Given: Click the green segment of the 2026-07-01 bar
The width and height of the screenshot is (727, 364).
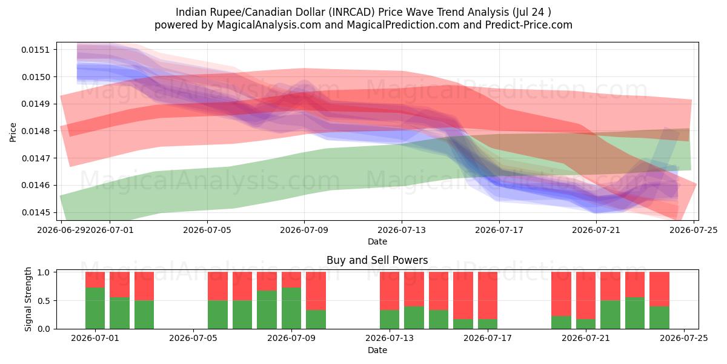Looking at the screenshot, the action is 95,308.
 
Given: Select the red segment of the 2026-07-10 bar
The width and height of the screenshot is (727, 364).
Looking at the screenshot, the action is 316,291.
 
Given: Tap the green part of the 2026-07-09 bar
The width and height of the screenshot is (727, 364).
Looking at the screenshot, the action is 291,308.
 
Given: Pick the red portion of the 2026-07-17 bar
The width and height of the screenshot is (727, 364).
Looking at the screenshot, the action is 488,295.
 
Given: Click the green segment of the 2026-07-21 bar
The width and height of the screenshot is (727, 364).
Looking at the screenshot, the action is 586,324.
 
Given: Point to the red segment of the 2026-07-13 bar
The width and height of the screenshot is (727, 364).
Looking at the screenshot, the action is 390,291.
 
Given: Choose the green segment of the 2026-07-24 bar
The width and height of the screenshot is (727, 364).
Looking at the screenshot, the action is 659,317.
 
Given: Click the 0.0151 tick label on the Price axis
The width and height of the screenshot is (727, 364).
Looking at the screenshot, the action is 36,50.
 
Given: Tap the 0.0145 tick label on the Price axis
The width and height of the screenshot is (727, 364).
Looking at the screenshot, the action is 36,212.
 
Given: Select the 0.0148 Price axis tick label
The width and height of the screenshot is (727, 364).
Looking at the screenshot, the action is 36,131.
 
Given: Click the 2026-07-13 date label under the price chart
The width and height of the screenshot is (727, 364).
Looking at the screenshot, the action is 402,230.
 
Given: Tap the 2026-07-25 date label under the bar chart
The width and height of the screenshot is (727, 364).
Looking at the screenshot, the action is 684,339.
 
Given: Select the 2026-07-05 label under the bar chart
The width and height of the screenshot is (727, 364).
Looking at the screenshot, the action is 193,339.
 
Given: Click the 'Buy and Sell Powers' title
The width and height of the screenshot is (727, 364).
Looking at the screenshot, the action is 377,260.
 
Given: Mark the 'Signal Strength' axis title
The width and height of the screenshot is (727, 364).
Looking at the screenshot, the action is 28,299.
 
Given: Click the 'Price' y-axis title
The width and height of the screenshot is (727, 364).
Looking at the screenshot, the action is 13,132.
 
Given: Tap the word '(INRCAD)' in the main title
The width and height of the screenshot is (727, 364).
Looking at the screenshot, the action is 351,12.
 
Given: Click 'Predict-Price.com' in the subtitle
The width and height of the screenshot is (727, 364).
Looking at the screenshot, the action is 529,25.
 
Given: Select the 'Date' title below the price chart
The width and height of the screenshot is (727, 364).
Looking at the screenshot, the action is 377,241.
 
